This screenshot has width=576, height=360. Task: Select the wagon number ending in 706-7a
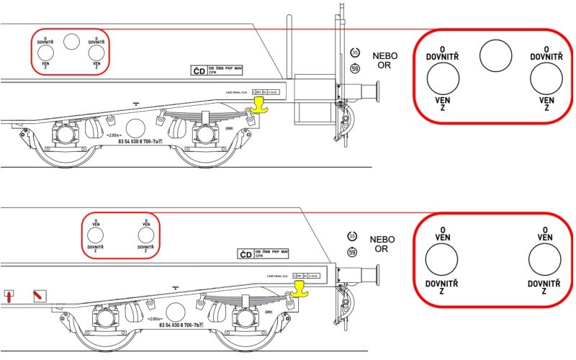(x=141, y=142)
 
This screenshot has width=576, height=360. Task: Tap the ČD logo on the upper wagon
(x=197, y=71)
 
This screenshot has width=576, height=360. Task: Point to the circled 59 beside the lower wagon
(x=352, y=252)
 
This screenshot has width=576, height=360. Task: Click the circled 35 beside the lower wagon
(x=352, y=235)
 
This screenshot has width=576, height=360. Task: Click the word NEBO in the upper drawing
(x=384, y=56)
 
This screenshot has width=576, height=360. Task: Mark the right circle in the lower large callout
(x=545, y=261)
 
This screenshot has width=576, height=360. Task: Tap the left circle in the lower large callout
(x=442, y=261)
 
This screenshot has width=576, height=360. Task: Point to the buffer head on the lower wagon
(x=375, y=276)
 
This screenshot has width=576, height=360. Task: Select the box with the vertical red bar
(x=10, y=295)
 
